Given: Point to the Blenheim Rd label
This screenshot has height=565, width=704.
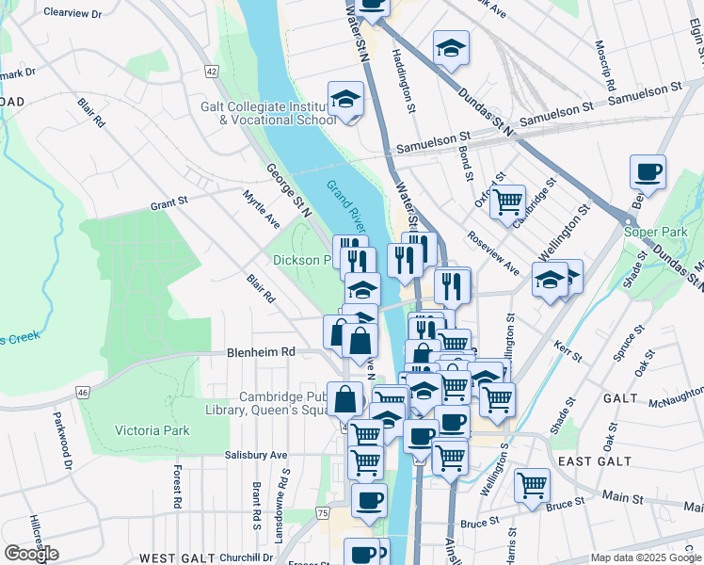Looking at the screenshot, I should (x=261, y=352).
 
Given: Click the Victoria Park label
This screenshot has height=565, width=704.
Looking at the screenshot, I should (x=152, y=430).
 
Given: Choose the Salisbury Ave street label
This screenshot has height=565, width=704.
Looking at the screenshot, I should (x=255, y=455).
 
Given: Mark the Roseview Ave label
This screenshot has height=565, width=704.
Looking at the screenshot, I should (x=494, y=253).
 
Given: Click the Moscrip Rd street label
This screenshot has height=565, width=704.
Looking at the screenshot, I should (x=604, y=66).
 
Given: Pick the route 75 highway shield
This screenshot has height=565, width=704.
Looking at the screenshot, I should (x=323, y=512).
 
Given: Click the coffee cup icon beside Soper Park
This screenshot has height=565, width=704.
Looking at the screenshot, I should (x=648, y=172).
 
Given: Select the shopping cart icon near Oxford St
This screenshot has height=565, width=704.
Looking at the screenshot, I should (x=508, y=202).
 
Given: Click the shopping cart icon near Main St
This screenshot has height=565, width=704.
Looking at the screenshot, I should (x=533, y=486).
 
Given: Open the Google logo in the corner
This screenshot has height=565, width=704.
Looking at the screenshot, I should (x=31, y=554).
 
